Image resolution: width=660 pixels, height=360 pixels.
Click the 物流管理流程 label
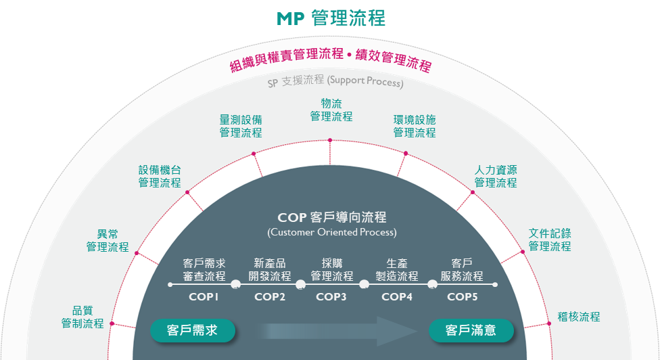coord(331,110)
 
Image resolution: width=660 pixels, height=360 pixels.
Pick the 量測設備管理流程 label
coord(241,126)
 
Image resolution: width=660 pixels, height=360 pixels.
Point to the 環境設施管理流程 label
coord(415,126)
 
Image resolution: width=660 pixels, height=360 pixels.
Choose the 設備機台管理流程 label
coord(160,176)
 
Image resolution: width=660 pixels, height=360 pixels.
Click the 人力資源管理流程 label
coord(496,176)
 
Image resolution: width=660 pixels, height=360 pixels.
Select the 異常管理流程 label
coord(108,240)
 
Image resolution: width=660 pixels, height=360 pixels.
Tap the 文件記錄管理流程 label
coord(550,240)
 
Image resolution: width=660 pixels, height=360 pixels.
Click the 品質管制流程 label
coord(82,317)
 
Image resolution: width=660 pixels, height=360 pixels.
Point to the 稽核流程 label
coord(578,316)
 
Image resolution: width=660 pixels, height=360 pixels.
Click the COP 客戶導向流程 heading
coord(332,217)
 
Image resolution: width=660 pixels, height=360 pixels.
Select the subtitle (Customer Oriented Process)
coord(332,232)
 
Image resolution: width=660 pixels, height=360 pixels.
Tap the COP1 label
coord(204,296)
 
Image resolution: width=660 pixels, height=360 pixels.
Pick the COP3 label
coord(331,296)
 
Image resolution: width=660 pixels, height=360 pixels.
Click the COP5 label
coord(463,296)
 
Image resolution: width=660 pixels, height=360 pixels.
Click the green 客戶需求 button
coord(193,330)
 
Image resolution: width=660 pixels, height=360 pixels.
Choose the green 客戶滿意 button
coord(471,330)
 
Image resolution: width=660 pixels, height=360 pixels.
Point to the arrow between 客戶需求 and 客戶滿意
coord(335,330)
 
